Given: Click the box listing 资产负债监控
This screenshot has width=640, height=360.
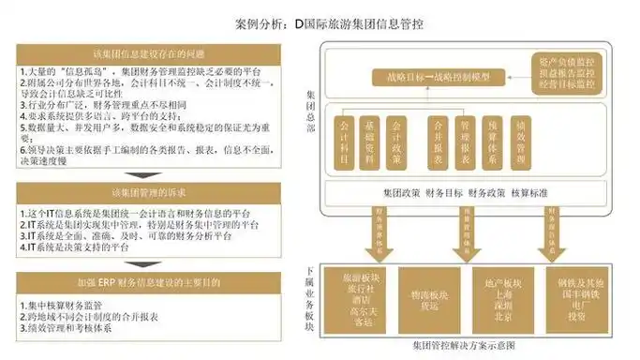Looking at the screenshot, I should [560, 71].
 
